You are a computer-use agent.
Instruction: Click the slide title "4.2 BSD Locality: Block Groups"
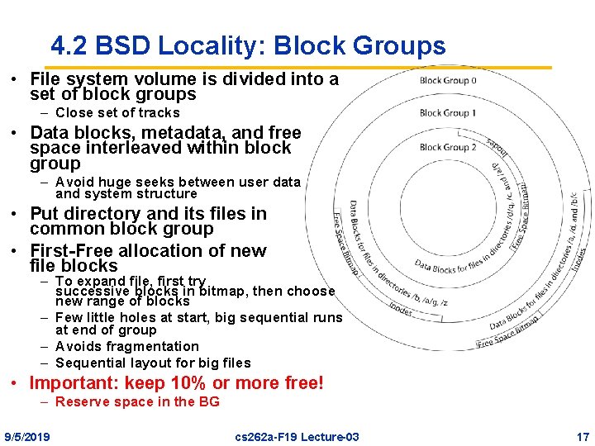[x=248, y=45]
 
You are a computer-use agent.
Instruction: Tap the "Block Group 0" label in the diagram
[x=448, y=81]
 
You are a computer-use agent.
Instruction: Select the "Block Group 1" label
[x=448, y=113]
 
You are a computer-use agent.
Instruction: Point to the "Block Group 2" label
[x=448, y=147]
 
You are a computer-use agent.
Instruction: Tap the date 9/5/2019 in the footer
[x=26, y=436]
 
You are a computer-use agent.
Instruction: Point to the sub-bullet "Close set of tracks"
[x=117, y=112]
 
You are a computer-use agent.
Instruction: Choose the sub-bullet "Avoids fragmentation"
[x=127, y=346]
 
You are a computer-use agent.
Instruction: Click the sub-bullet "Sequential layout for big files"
[x=153, y=363]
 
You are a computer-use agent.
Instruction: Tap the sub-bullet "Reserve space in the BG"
[x=137, y=401]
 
